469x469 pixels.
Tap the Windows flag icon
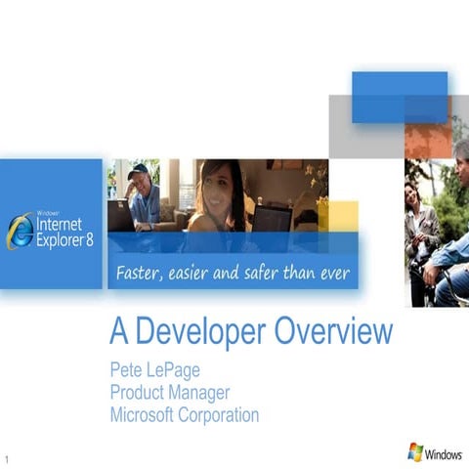(x=415, y=452)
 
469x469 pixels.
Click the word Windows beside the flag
(x=444, y=454)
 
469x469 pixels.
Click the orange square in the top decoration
(x=428, y=141)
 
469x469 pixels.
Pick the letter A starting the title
(x=119, y=333)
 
